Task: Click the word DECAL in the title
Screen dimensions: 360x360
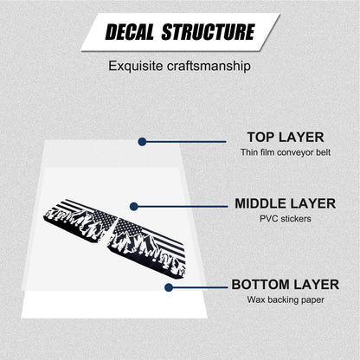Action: pos(130,32)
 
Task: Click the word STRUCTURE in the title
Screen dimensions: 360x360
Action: pos(209,32)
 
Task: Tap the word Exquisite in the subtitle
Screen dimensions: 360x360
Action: pos(136,67)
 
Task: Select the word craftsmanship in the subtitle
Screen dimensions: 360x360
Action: pos(209,67)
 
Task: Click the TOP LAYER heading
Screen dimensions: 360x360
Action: pos(286,137)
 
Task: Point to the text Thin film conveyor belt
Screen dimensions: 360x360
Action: pos(286,152)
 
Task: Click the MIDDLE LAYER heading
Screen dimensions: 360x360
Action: pos(286,203)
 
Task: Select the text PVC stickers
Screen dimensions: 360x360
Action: pos(286,219)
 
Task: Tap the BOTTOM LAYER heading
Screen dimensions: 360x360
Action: pos(286,285)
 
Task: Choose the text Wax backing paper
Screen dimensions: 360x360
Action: pos(286,299)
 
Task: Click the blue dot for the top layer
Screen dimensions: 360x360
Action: pos(142,142)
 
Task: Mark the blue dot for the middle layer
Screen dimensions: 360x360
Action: pos(134,207)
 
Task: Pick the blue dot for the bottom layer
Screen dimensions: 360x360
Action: pos(169,287)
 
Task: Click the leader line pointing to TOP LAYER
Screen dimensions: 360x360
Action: pos(184,142)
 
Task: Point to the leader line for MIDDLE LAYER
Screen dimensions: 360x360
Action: pos(181,207)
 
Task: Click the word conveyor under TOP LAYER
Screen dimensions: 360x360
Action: pos(295,152)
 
